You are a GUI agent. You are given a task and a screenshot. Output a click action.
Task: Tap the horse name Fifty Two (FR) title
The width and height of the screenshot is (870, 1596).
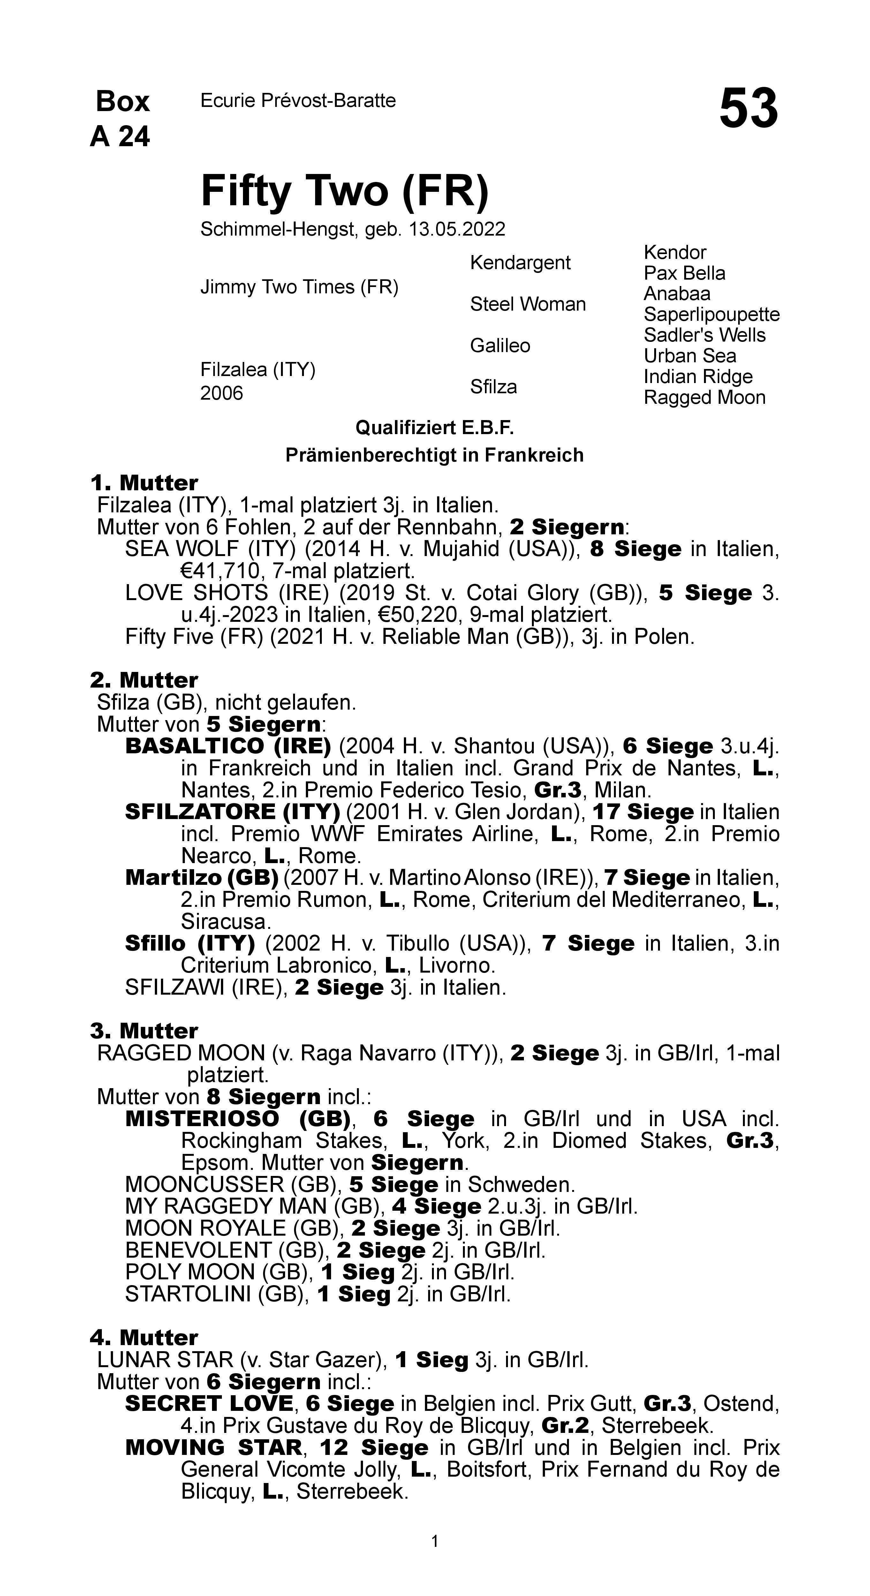[x=344, y=191]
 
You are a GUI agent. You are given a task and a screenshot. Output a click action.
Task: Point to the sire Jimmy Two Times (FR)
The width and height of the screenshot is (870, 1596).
[x=299, y=287]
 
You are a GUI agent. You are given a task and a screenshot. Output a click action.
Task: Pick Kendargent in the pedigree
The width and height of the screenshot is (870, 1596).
[x=520, y=263]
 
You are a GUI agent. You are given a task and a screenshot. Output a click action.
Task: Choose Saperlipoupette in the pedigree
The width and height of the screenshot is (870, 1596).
[x=711, y=315]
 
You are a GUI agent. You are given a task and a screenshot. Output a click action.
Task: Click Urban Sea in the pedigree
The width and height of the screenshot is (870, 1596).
[x=690, y=356]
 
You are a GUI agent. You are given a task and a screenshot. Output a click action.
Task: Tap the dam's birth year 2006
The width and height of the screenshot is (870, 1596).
[x=221, y=394]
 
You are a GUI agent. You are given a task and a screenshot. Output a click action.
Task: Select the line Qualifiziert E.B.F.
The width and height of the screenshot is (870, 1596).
[x=435, y=427]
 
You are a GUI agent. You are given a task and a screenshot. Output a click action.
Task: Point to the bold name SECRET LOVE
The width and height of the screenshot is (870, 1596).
[x=209, y=1403]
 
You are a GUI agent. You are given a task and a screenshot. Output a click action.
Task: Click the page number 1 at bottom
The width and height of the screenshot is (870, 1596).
[x=435, y=1541]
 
